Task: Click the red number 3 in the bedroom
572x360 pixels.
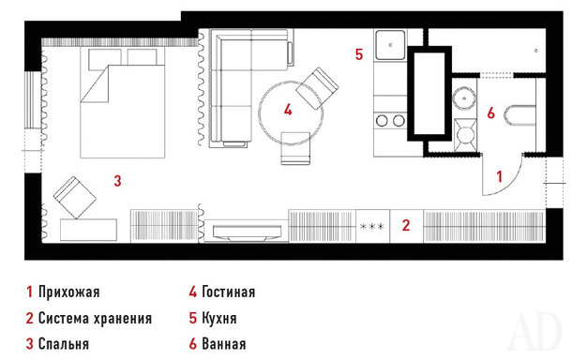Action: pyautogui.click(x=117, y=181)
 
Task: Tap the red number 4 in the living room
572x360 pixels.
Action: pyautogui.click(x=288, y=110)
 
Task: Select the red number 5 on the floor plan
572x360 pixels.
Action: pyautogui.click(x=359, y=54)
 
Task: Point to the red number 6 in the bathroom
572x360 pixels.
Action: pyautogui.click(x=491, y=113)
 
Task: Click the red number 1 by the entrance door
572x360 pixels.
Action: pyautogui.click(x=500, y=176)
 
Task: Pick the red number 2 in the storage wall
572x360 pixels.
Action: pyautogui.click(x=406, y=225)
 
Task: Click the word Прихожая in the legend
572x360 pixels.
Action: pyautogui.click(x=69, y=292)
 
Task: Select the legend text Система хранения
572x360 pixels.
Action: pyautogui.click(x=95, y=318)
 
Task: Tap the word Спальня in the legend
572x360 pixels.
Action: pyautogui.click(x=64, y=344)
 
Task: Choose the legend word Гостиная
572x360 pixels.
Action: pyautogui.click(x=229, y=292)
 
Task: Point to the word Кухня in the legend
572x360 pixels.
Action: pyautogui.click(x=219, y=318)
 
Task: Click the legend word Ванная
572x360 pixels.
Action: pyautogui.click(x=223, y=344)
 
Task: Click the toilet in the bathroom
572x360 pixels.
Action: pyautogui.click(x=520, y=115)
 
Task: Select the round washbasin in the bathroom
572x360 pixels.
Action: pyautogui.click(x=464, y=97)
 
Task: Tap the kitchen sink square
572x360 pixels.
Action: pyautogui.click(x=390, y=45)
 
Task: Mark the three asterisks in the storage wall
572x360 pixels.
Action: pyautogui.click(x=371, y=227)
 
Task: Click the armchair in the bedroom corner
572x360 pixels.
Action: pyautogui.click(x=75, y=198)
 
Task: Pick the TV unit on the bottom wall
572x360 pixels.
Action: pyautogui.click(x=247, y=232)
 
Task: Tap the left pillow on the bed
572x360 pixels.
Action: pyautogui.click(x=105, y=58)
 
